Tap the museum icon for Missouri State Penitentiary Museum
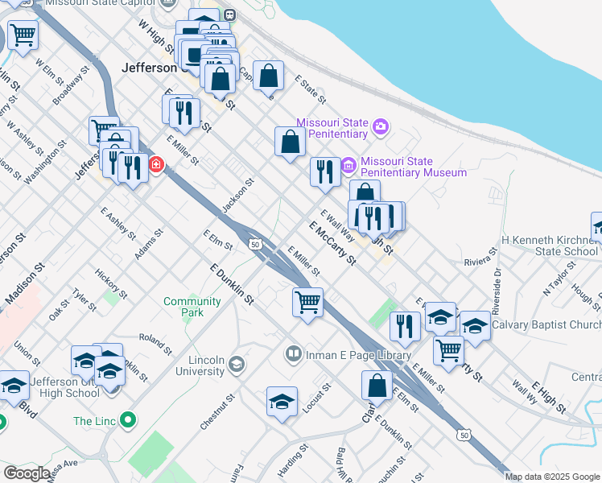(348, 166)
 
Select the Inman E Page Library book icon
(294, 354)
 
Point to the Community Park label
(192, 307)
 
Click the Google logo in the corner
(27, 473)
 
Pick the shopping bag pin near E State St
(270, 76)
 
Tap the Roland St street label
(155, 344)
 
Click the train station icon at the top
(229, 14)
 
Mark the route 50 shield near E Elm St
(254, 243)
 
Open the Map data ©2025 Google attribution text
(552, 477)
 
